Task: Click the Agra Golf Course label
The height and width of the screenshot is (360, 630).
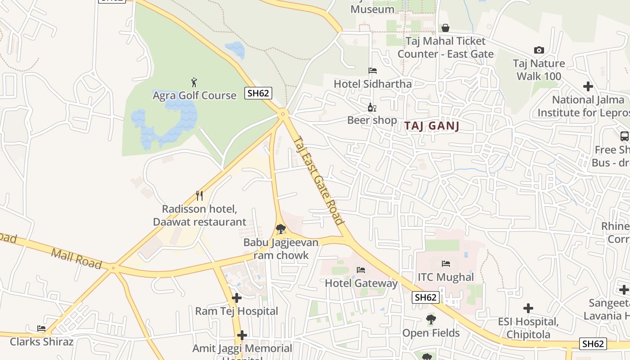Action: click(194, 95)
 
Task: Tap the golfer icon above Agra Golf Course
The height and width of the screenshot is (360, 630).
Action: click(194, 82)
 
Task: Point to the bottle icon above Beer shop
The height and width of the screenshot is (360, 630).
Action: click(372, 107)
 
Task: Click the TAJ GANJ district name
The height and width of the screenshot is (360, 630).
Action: click(432, 126)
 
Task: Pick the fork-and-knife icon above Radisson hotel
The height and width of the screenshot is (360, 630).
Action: click(199, 196)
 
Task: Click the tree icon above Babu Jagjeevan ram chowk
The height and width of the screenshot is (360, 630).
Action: click(280, 229)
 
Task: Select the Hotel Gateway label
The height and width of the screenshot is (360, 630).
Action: click(361, 283)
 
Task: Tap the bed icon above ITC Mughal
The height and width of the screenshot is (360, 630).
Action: click(446, 264)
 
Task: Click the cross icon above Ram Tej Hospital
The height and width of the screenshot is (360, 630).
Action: click(237, 298)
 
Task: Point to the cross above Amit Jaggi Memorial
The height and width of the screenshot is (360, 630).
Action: click(242, 335)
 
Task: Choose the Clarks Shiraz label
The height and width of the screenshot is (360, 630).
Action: click(41, 342)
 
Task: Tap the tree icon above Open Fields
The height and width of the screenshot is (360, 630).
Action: click(431, 320)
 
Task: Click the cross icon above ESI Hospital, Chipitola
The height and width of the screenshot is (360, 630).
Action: click(528, 308)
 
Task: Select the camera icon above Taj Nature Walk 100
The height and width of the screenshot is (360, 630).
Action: click(539, 50)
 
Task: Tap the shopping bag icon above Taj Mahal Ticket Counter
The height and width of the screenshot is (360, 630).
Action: click(445, 28)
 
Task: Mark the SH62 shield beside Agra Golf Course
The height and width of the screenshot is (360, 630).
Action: click(258, 93)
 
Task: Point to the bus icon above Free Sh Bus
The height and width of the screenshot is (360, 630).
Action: click(624, 136)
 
